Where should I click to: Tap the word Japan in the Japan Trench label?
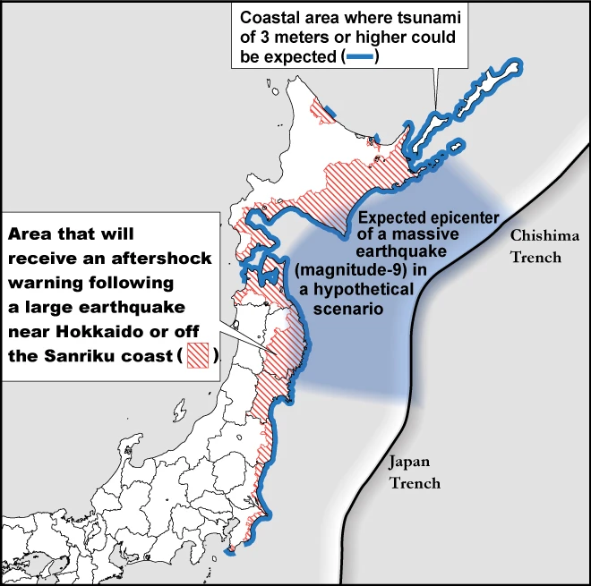coord(409,462)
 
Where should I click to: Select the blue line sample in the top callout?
coord(361,58)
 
